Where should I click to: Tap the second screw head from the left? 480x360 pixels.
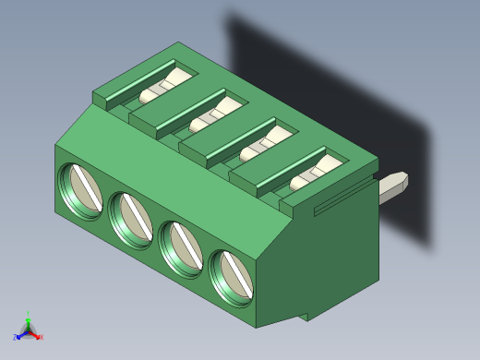[131, 219]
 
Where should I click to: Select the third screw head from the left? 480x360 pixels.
[182, 246]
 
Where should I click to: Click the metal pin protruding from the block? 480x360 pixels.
[394, 186]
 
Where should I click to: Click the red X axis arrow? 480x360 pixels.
[36, 335]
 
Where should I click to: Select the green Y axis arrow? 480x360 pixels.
[28, 322]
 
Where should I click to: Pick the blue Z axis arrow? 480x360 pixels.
[20, 335]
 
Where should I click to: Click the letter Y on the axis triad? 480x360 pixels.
[29, 314]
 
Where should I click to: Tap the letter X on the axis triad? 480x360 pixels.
[42, 338]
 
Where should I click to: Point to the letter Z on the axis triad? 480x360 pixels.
[15, 338]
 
